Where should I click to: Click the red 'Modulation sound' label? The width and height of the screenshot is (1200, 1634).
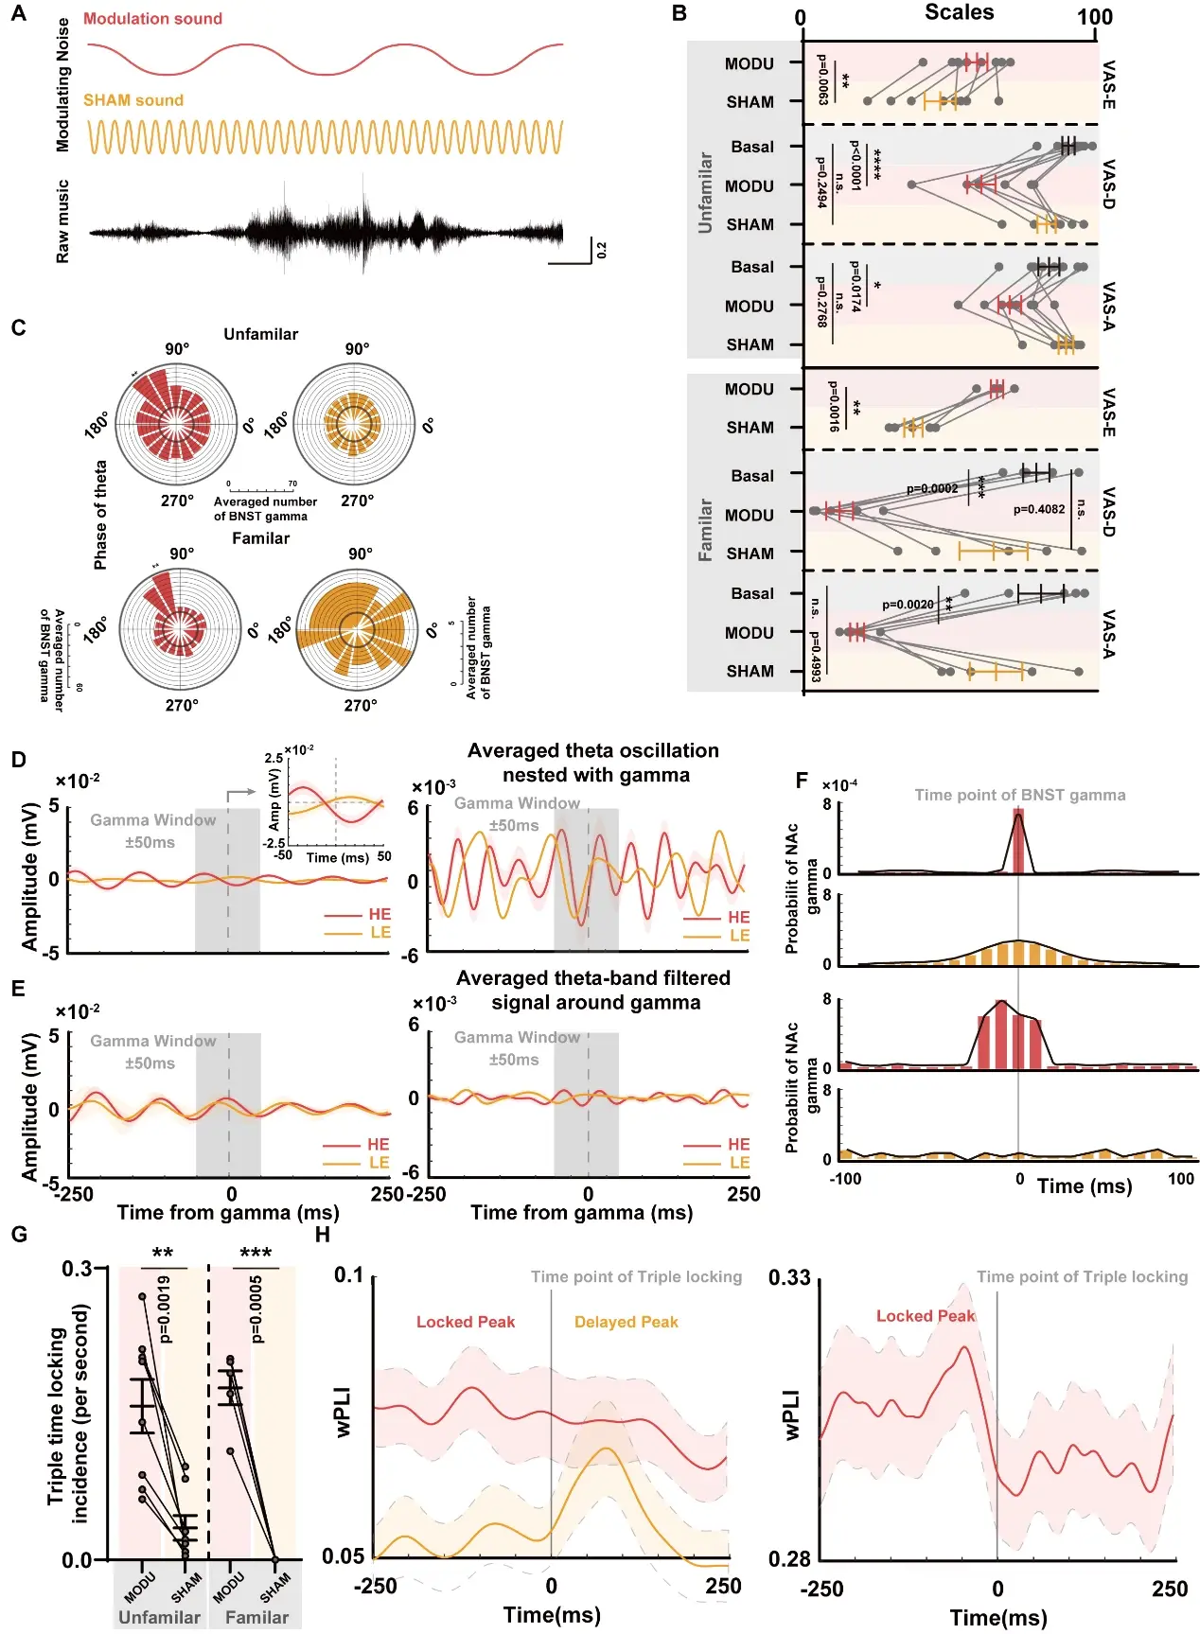[x=152, y=19]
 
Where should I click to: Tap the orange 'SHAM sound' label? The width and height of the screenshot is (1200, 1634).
[x=133, y=100]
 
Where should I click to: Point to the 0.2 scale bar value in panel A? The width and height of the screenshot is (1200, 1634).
[x=602, y=251]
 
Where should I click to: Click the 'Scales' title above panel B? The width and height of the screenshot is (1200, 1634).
[x=959, y=12]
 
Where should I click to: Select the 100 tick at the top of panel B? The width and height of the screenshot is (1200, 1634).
[x=1094, y=17]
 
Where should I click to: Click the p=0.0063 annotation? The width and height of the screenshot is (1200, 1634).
[x=821, y=79]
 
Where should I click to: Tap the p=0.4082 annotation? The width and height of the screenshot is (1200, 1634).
[x=1039, y=509]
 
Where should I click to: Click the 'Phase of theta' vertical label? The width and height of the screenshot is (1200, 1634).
[x=100, y=515]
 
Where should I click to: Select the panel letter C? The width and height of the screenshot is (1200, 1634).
[x=18, y=328]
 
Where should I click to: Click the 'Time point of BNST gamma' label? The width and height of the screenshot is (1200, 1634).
[x=1019, y=795]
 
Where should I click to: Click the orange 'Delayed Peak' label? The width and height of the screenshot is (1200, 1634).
[x=626, y=1322]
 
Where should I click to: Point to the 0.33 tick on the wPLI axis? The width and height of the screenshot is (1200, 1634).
[x=788, y=1278]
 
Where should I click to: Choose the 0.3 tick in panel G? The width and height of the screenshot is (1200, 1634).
[x=77, y=1268]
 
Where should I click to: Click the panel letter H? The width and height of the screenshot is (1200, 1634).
[x=323, y=1235]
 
